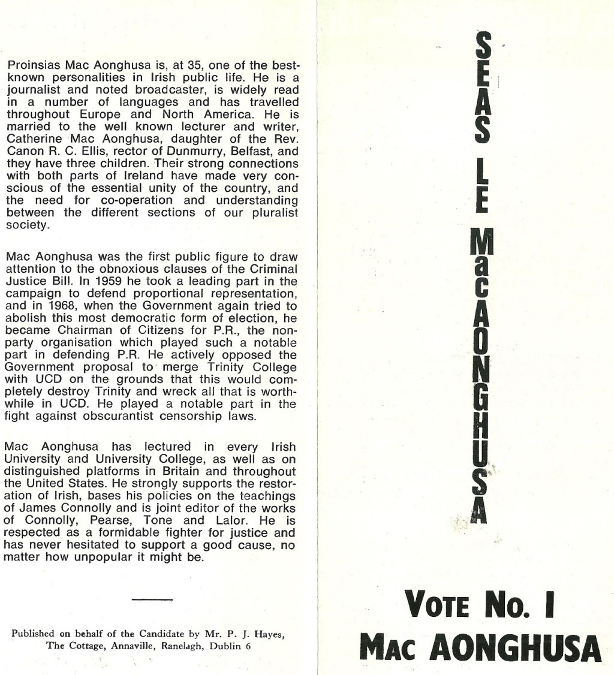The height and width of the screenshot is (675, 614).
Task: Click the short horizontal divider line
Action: (x=152, y=599)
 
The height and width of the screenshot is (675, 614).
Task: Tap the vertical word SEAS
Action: (x=483, y=88)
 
